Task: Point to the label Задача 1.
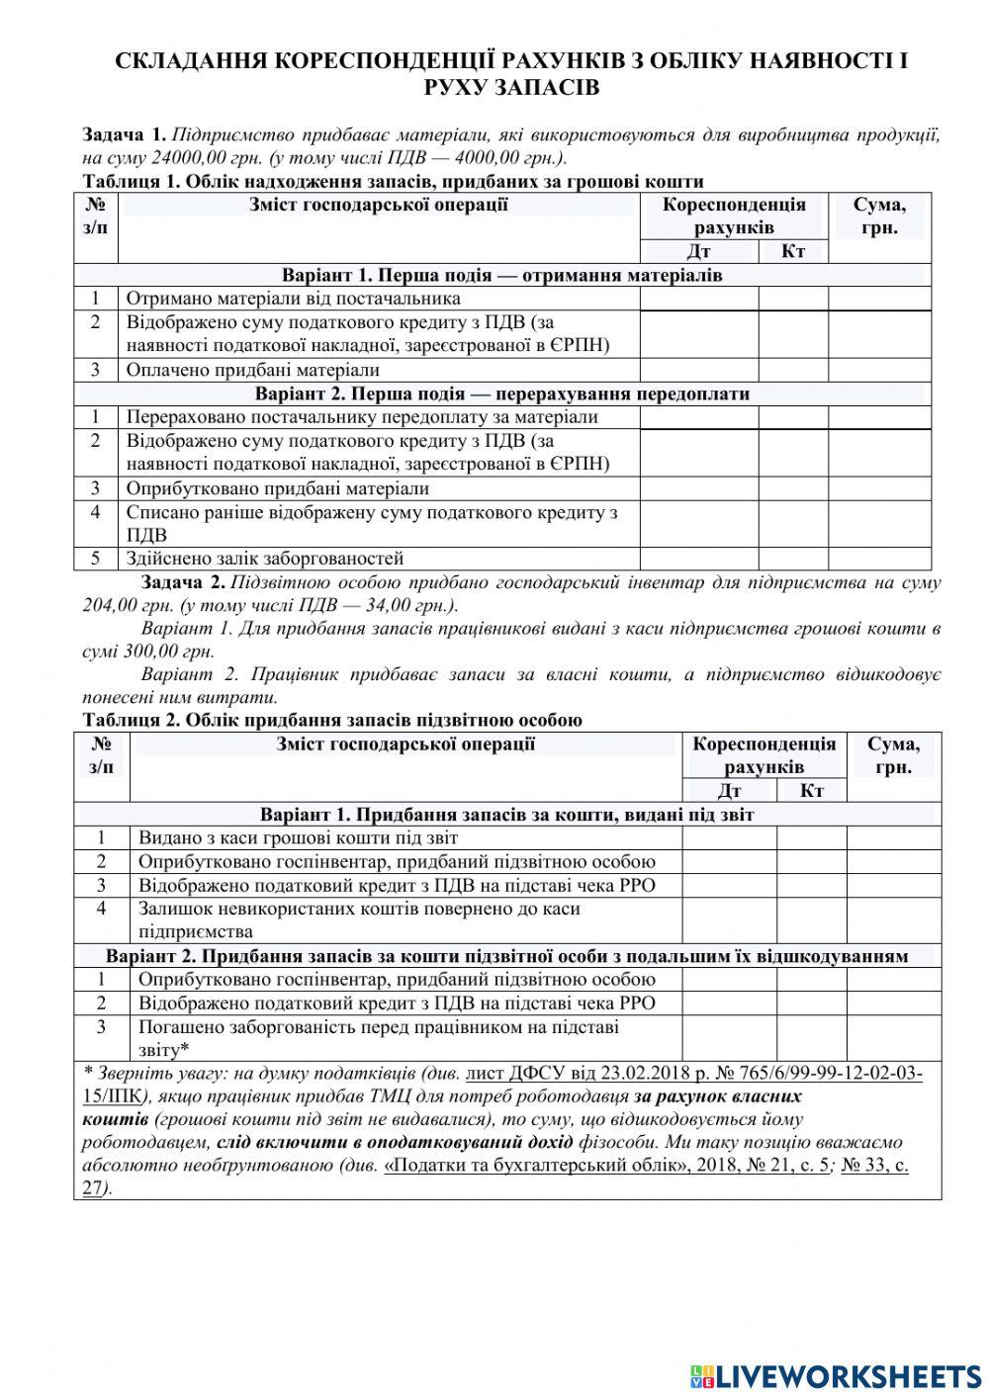124,135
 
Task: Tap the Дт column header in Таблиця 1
698,251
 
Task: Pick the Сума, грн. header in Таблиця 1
878,216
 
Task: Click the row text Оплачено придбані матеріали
253,370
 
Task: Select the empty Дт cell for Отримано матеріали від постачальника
698,299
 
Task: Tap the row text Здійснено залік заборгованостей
264,559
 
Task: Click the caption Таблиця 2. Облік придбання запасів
332,720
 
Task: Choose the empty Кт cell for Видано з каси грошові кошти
811,838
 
